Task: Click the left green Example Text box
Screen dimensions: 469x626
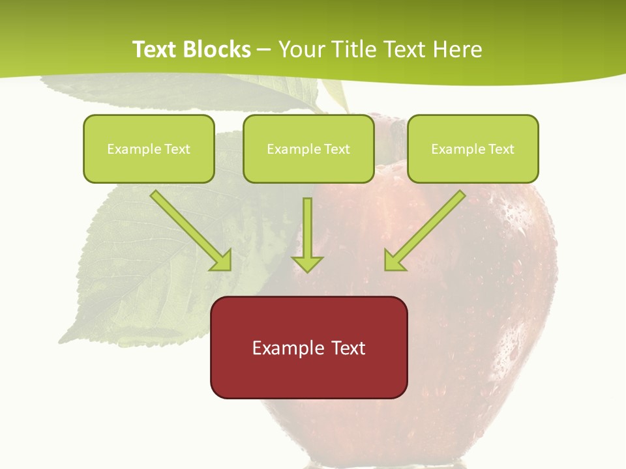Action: (x=149, y=149)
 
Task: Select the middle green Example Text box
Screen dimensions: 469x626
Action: (x=308, y=149)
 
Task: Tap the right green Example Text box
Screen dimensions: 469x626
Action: (x=473, y=149)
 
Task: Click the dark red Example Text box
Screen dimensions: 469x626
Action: (x=308, y=347)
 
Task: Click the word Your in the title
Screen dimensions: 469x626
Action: (x=302, y=50)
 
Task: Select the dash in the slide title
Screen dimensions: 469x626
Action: (x=264, y=50)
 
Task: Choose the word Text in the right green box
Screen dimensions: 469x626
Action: (x=501, y=149)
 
